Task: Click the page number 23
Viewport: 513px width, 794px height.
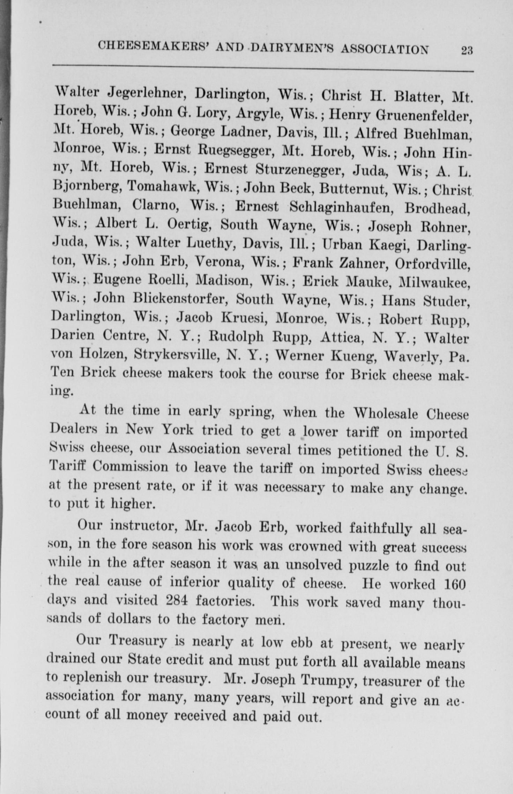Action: pos(467,50)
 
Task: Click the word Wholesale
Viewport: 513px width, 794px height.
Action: pos(386,414)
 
